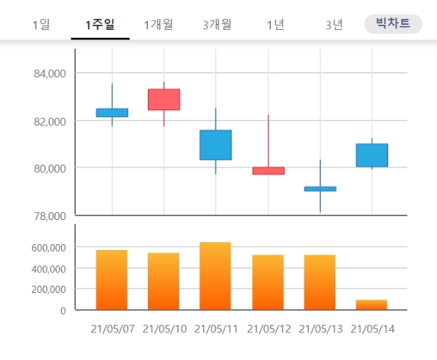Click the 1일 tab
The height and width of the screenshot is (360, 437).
41,25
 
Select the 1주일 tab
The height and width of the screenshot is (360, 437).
100,25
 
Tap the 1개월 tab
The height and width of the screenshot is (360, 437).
158,25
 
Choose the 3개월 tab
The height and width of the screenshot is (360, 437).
217,25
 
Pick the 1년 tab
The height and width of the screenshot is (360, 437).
275,25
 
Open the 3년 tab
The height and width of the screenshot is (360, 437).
334,25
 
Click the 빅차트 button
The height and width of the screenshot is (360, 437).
393,24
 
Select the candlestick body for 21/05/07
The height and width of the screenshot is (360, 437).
112,112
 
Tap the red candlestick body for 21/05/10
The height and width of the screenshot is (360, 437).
164,99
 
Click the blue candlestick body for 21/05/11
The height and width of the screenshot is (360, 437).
216,144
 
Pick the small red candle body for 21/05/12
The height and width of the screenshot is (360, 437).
268,171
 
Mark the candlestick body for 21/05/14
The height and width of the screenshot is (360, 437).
372,155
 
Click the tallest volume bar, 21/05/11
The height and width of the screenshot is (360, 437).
216,275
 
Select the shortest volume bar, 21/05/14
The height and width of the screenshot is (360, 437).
372,305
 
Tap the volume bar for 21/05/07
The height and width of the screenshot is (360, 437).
112,280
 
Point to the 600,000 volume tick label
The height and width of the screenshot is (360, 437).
49,247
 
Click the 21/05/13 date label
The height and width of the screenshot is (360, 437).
321,329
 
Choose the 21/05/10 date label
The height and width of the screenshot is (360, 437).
165,329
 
